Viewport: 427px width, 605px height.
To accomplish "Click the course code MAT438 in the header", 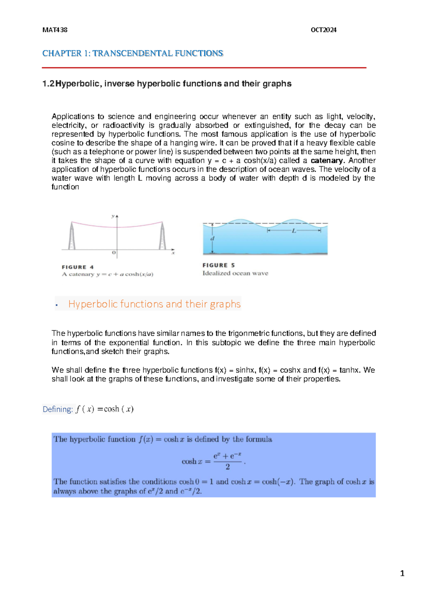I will (55, 30).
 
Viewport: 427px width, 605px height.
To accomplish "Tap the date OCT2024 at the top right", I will (323, 30).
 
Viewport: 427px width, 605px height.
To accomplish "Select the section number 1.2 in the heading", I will (48, 84).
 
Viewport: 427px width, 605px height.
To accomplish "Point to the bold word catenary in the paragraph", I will (327, 161).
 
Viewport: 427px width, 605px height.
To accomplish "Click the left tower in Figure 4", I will (72, 236).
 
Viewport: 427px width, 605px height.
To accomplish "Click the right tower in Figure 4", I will (163, 236).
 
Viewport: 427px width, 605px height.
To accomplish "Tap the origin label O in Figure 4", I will (114, 253).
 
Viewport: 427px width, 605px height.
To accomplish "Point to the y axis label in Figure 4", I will (113, 216).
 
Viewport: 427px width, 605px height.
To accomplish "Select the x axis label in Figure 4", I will (173, 253).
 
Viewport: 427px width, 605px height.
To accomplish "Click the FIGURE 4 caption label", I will (78, 267).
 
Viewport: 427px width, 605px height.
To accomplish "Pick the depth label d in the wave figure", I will (212, 238).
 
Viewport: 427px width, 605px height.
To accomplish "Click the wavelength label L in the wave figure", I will (294, 231).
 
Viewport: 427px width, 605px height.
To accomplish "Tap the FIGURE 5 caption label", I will (218, 265).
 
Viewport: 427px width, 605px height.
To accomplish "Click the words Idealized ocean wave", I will (235, 273).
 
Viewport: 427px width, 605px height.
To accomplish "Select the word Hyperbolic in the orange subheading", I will (93, 304).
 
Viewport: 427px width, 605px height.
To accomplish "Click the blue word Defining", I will (57, 409).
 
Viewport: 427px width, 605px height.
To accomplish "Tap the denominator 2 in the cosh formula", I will (228, 467).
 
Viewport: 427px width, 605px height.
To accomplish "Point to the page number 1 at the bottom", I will (402, 573).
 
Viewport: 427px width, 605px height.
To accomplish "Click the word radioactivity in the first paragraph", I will (123, 125).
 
